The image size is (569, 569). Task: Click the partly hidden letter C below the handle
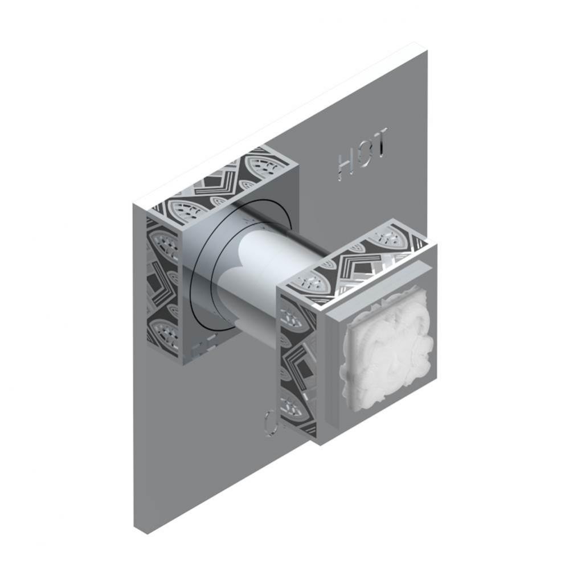coord(270,420)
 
